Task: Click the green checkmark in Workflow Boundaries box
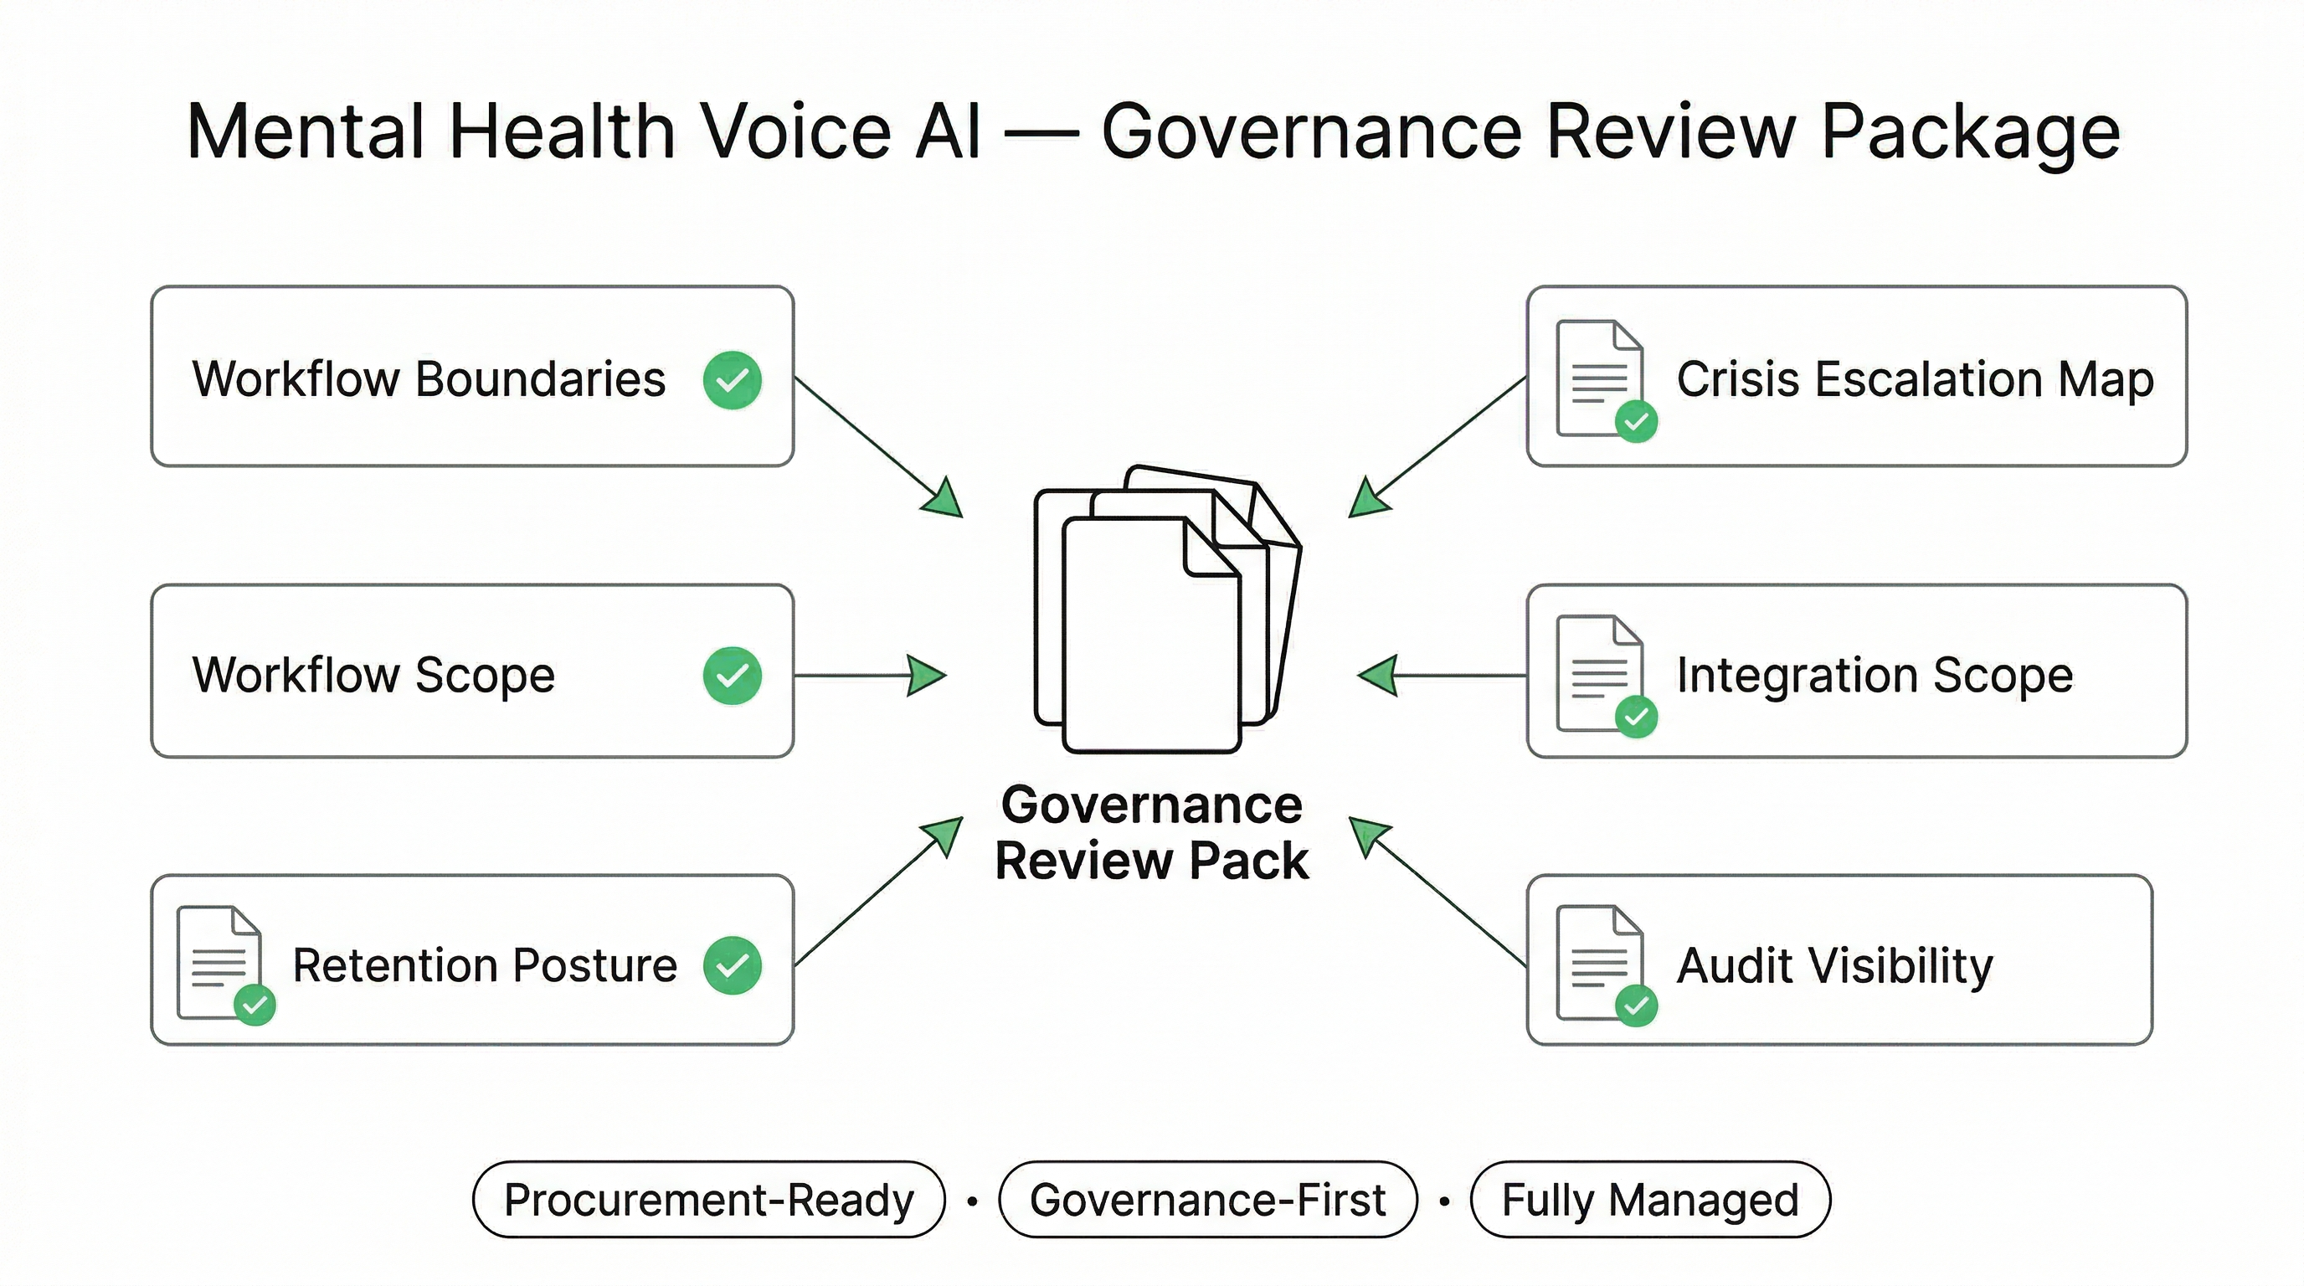[732, 380]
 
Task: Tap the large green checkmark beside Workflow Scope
[732, 675]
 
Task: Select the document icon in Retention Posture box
[220, 963]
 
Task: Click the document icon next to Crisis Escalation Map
[1599, 378]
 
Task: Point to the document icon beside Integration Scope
[1599, 672]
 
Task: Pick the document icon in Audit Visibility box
[1599, 962]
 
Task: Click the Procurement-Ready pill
[708, 1199]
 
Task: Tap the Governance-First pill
[1207, 1199]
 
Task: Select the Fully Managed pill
[1650, 1199]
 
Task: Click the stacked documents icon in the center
[1163, 608]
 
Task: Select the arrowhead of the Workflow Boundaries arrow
[944, 499]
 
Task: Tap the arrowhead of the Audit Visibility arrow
[1369, 836]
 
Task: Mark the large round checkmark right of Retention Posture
[732, 965]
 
